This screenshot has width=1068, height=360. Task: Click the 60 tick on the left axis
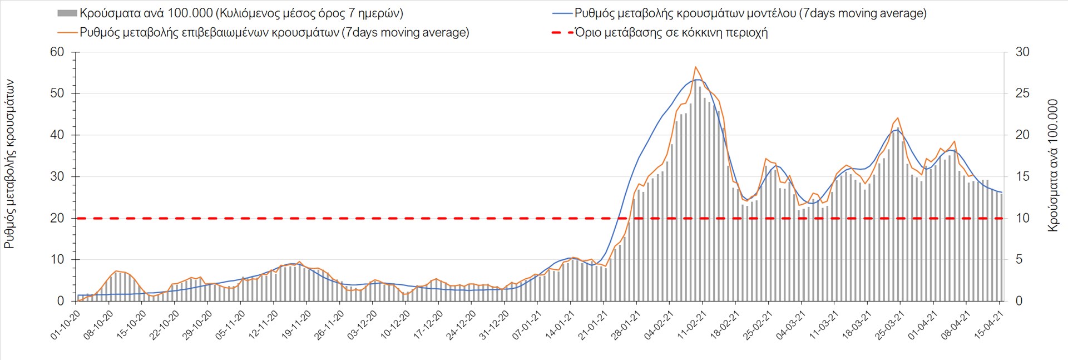pos(57,52)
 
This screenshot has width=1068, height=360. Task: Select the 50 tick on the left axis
pos(57,93)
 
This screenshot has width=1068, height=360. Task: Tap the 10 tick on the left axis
pos(57,259)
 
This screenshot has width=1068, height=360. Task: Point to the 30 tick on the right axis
pos(1022,52)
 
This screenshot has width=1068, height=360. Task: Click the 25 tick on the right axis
pos(1022,93)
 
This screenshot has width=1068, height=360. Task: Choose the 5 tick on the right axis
pos(1019,259)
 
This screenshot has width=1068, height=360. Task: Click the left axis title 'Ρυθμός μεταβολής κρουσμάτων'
pos(9,164)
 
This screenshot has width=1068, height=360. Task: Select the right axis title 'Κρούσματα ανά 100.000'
pos(1052,165)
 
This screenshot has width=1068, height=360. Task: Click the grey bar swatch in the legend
pos(67,13)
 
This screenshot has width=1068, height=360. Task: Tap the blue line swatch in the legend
pos(562,13)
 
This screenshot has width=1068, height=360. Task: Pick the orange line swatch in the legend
pos(67,32)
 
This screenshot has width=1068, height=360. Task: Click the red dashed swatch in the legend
pos(562,33)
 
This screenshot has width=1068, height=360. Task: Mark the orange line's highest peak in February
pos(695,67)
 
